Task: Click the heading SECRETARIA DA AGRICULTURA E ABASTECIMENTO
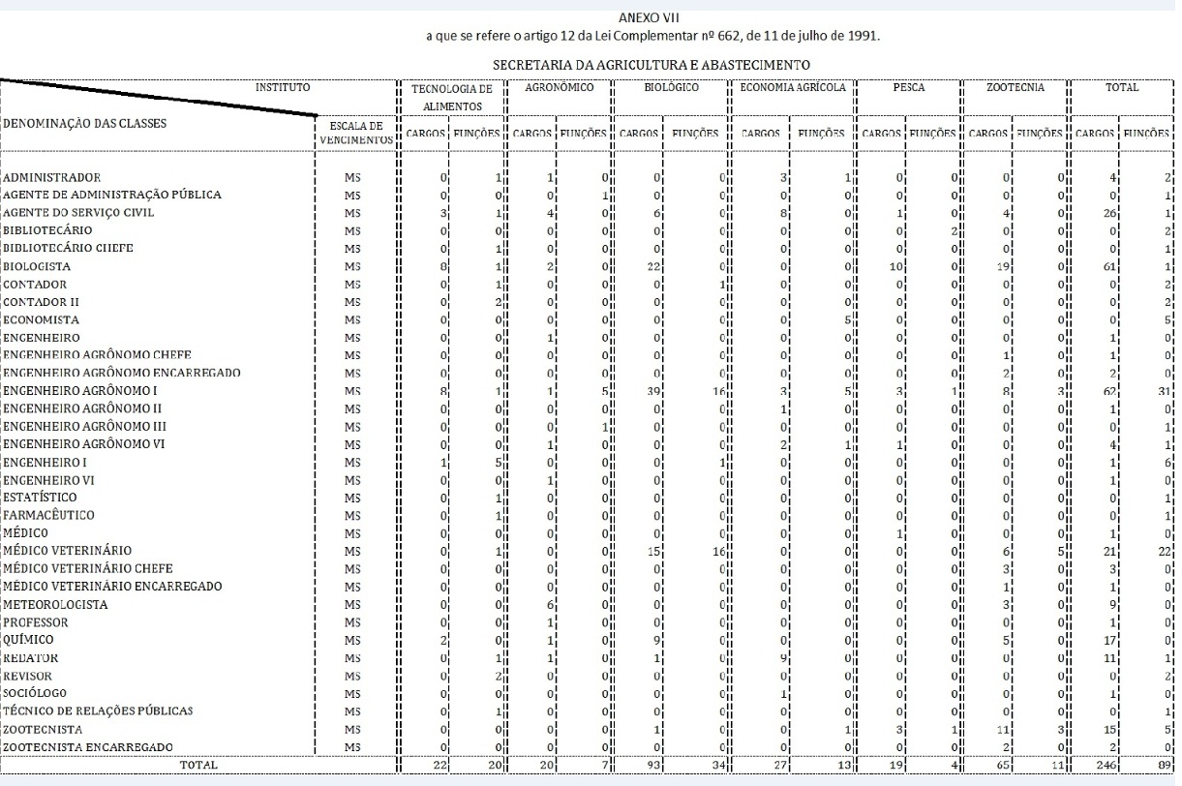(652, 65)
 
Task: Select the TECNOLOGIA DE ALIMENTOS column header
(452, 96)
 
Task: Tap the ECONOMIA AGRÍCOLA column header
(793, 87)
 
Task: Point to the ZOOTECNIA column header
(1015, 87)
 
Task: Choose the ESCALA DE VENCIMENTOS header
(356, 133)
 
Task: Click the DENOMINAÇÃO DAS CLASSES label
(84, 124)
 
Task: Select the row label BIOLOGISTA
(36, 266)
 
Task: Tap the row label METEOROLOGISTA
(55, 605)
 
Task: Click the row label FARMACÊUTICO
(48, 515)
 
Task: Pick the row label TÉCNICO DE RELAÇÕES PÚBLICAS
(98, 711)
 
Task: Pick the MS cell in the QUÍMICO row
(352, 640)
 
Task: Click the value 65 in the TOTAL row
(1004, 765)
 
